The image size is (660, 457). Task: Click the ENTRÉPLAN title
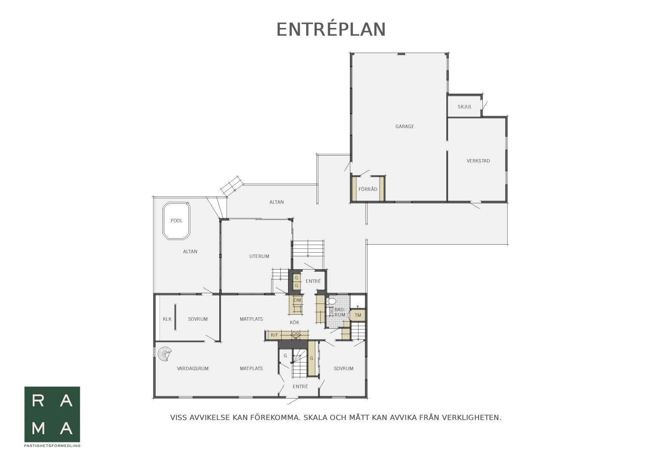[x=331, y=30]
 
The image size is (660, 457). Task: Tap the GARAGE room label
[x=405, y=126]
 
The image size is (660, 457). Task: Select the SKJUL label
[x=465, y=107]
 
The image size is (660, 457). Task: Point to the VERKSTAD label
[x=478, y=161]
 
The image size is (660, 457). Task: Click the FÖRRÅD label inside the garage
[x=368, y=189]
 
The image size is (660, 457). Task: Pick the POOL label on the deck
[x=176, y=221]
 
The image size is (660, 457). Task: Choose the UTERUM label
[x=259, y=256]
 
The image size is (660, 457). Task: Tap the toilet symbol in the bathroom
[x=332, y=301]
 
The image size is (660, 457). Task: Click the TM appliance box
[x=358, y=315]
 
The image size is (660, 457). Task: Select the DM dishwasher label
[x=297, y=300]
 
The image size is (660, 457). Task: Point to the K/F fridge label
[x=274, y=335]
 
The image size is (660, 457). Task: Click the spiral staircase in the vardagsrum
[x=165, y=354]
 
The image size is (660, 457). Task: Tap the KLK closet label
[x=167, y=319]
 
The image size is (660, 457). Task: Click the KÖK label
[x=295, y=322]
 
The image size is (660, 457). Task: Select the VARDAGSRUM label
[x=193, y=368]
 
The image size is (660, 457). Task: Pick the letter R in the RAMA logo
[x=38, y=401]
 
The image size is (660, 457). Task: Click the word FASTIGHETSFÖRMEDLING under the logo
[x=52, y=446]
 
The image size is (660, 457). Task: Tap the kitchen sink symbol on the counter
[x=295, y=334]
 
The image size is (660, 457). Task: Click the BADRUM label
[x=339, y=312]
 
